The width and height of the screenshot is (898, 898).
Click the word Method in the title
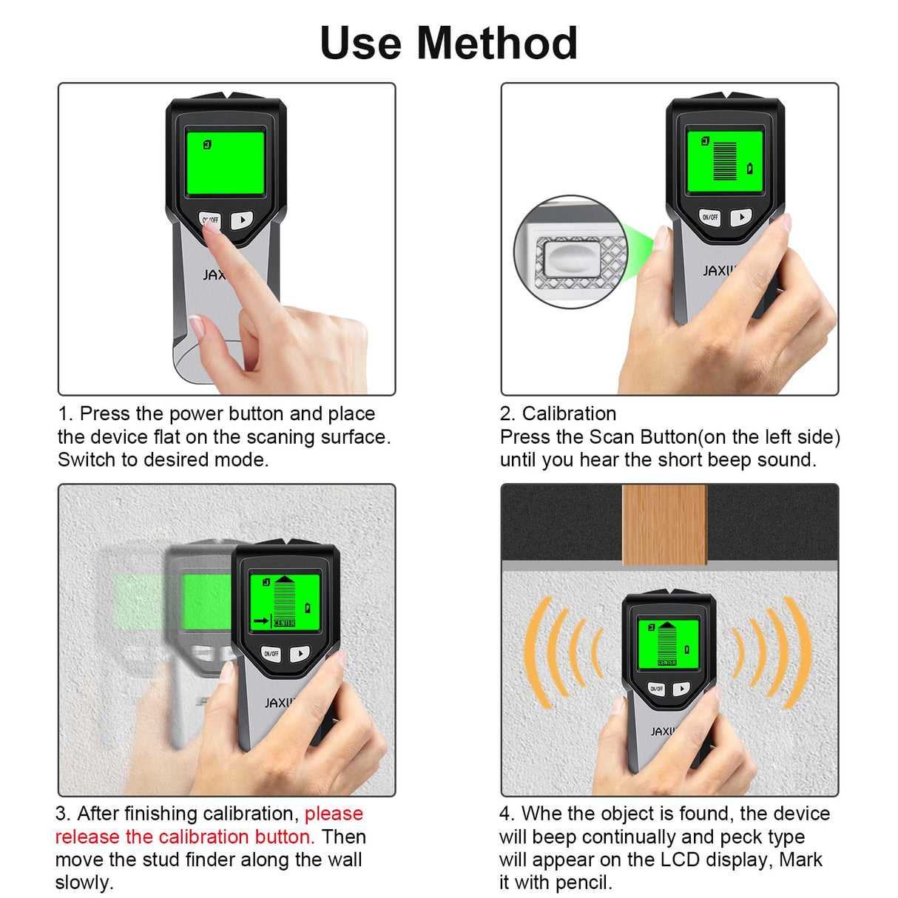pos(496,43)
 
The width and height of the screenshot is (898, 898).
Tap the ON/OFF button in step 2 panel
pos(710,217)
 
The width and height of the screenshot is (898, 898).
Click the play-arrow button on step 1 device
pos(241,220)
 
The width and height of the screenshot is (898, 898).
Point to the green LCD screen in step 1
pos(225,162)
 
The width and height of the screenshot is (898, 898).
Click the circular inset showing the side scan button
pos(570,252)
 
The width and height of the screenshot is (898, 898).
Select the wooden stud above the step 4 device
pos(664,524)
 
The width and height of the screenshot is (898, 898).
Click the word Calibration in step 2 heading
pos(569,413)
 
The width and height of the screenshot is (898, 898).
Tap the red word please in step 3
pos(334,814)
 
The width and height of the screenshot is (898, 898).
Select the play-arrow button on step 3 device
pos(300,653)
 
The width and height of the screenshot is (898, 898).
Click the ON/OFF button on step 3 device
pos(271,654)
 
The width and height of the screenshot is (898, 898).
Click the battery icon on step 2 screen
pos(749,169)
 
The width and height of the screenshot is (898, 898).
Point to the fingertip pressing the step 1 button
pos(212,227)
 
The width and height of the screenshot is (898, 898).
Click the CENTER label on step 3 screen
pos(285,624)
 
